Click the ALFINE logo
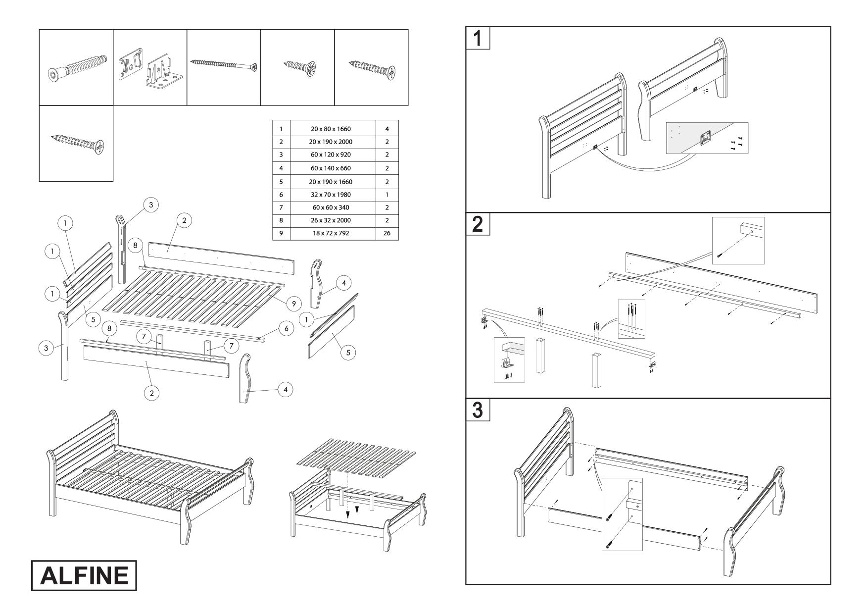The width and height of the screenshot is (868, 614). (84, 575)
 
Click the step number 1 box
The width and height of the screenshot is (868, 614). (478, 38)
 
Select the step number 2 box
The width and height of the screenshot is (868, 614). (478, 224)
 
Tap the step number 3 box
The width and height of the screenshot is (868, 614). (478, 410)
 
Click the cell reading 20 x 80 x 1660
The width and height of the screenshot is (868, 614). (331, 129)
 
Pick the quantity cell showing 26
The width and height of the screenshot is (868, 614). (387, 233)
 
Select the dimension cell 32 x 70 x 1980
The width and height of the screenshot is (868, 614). (331, 195)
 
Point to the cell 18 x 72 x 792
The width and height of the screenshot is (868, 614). (331, 233)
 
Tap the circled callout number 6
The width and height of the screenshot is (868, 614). (286, 328)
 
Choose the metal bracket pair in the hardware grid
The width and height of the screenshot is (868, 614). (150, 68)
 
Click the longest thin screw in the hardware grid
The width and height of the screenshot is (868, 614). (224, 65)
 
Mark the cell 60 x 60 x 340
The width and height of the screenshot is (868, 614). (331, 207)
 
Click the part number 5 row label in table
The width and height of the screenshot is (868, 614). (281, 182)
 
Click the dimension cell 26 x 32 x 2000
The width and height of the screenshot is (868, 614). (331, 220)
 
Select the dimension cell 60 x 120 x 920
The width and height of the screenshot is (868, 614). (331, 155)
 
